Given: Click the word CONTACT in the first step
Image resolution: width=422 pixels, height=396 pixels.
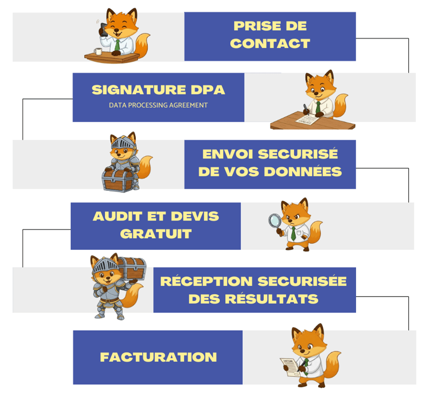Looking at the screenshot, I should [x=270, y=43].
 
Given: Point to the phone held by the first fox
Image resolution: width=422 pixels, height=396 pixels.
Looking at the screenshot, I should [x=103, y=28].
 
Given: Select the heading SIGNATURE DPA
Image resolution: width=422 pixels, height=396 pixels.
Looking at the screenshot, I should [x=158, y=90].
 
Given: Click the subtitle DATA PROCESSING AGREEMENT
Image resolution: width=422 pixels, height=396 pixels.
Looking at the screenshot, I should [x=158, y=105].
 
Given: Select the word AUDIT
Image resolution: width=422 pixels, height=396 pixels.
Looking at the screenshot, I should [x=118, y=216].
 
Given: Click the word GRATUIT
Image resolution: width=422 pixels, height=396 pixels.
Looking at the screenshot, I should [x=156, y=234].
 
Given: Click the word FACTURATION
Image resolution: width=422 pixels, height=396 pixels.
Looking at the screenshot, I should [x=158, y=357].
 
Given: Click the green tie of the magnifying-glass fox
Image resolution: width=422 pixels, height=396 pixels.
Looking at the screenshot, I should [x=293, y=232].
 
